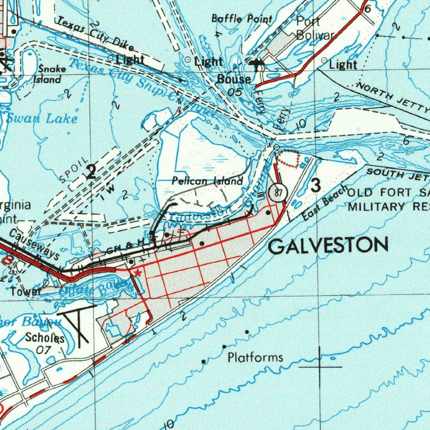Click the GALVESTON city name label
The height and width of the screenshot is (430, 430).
[x=328, y=246]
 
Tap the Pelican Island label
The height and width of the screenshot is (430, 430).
[x=207, y=181]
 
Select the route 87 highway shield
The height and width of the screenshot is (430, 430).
[x=277, y=192]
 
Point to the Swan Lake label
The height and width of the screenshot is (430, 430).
[x=41, y=118]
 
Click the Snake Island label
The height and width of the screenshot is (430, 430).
[x=50, y=74]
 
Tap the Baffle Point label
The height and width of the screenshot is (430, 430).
[x=241, y=19]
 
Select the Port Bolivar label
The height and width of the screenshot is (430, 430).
[x=315, y=28]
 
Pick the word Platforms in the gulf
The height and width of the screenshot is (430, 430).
[x=255, y=358]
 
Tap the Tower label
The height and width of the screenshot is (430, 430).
[x=26, y=291]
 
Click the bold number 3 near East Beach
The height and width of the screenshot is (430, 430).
[x=315, y=185]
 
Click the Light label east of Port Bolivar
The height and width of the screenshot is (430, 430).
[x=343, y=65]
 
